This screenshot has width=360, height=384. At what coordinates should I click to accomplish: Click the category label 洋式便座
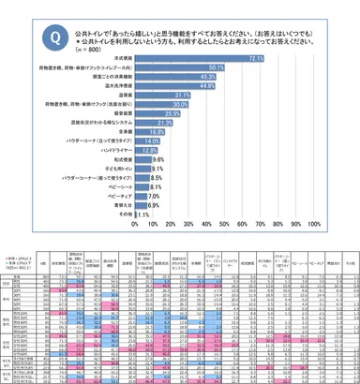[x=117, y=58]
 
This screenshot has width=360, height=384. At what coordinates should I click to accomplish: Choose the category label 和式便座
[x=117, y=159]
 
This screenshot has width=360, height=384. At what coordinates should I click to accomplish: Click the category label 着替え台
[x=117, y=205]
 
